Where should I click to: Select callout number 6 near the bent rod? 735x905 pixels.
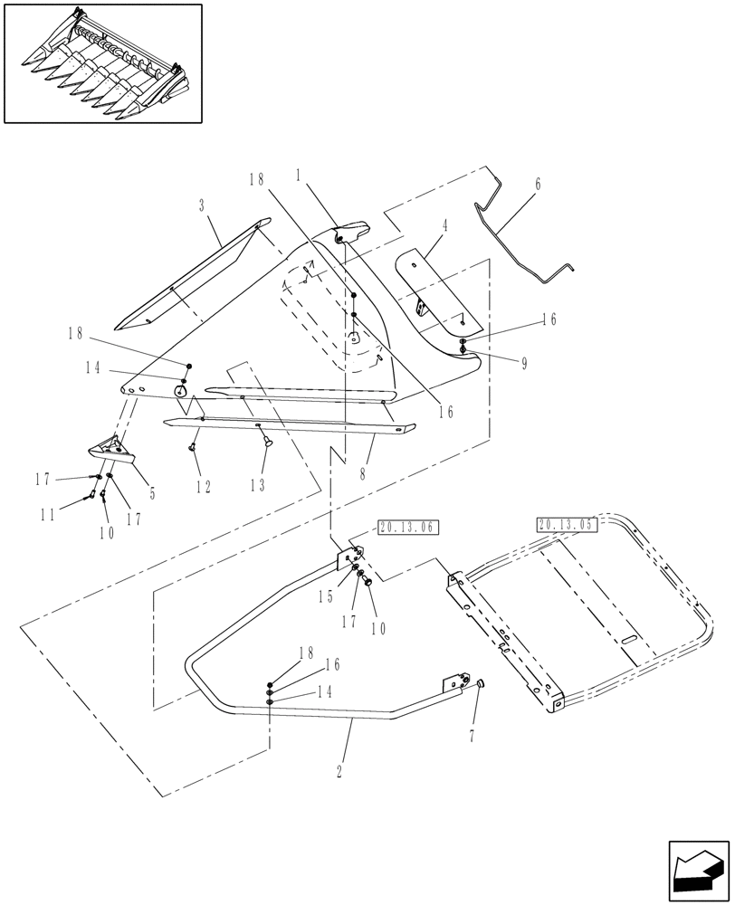tap(538, 184)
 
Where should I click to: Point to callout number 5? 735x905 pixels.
tap(152, 493)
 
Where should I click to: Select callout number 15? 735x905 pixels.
tap(323, 597)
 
